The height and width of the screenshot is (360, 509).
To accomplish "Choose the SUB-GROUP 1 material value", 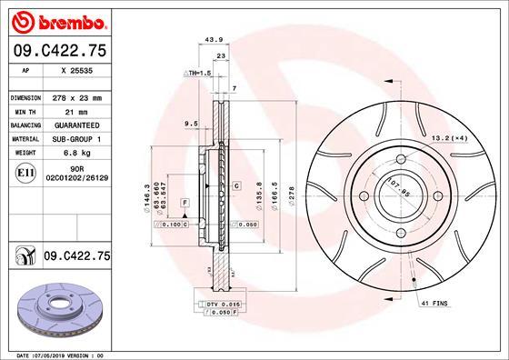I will click(x=80, y=139).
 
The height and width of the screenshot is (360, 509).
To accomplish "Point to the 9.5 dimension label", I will click(x=191, y=123).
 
